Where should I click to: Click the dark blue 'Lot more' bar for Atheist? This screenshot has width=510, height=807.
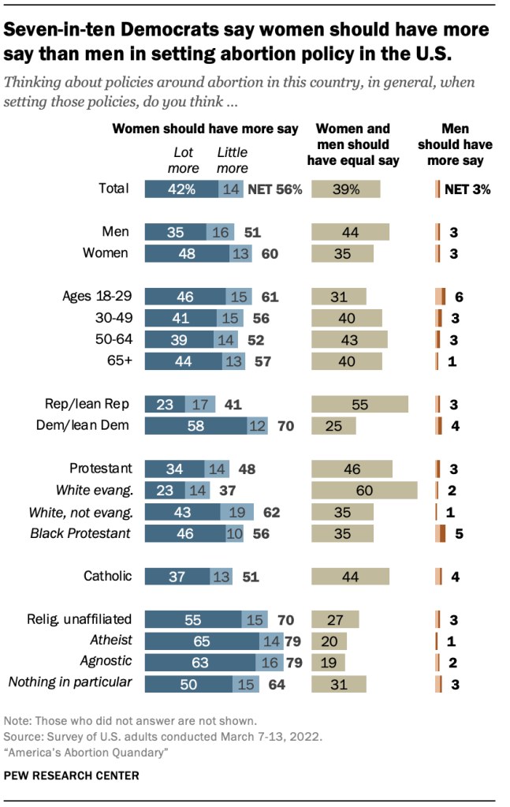203,640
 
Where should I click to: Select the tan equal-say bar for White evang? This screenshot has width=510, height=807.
364,490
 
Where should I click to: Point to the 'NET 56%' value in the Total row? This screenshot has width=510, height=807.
275,189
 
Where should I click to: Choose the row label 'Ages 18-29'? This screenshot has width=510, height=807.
96,297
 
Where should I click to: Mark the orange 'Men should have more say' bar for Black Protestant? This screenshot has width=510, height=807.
440,533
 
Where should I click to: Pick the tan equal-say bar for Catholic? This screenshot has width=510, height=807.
350,576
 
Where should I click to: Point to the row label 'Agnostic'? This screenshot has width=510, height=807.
108,661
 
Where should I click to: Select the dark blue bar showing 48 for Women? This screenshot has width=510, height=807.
188,253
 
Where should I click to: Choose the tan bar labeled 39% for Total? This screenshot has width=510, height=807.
346,189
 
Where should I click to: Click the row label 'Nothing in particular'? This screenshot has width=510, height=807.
70,682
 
